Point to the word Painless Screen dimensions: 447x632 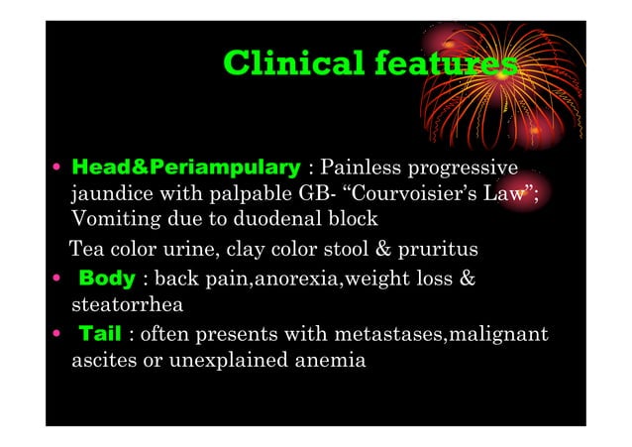360,166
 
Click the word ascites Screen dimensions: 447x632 101,360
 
